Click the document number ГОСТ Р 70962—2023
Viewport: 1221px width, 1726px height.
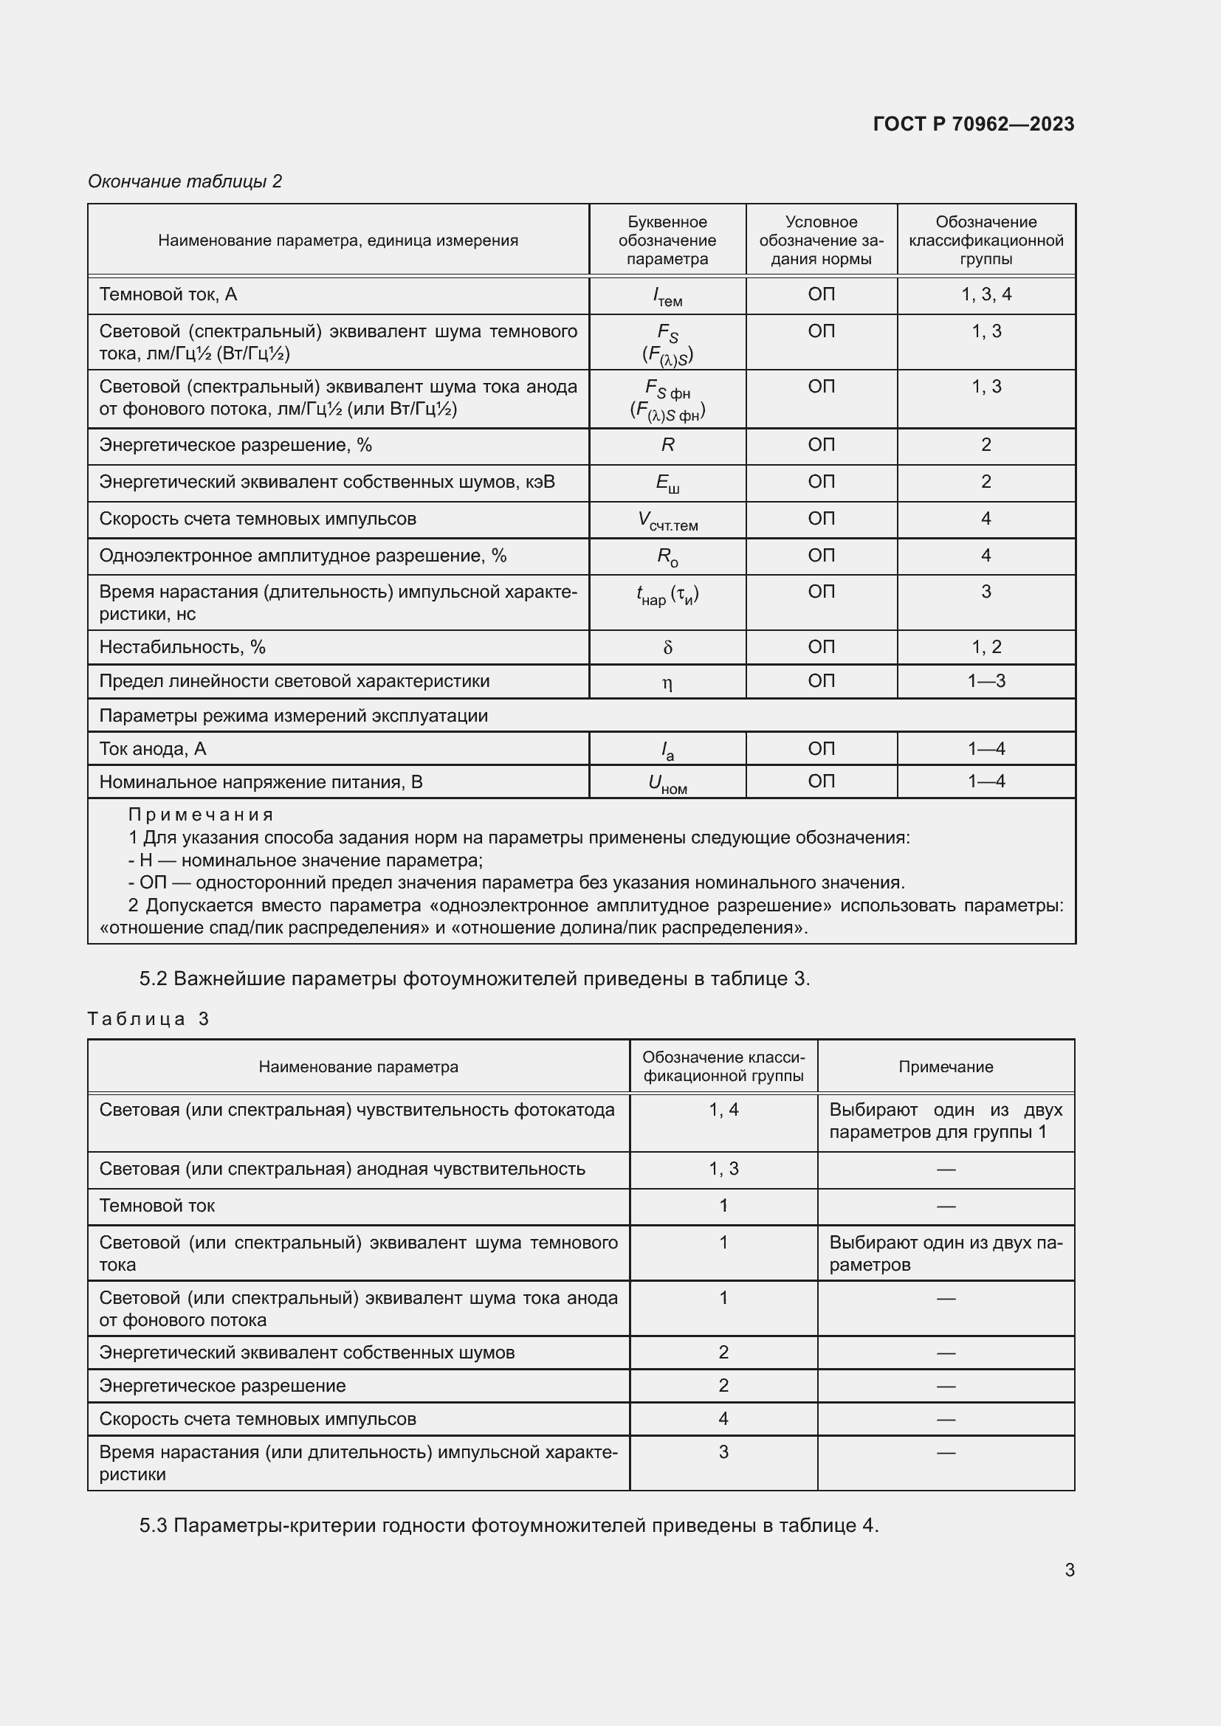click(973, 124)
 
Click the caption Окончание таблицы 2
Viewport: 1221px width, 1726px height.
click(185, 182)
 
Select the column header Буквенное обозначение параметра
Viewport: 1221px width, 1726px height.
click(667, 241)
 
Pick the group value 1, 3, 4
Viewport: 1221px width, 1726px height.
click(986, 294)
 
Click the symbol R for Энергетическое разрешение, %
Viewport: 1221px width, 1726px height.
click(667, 445)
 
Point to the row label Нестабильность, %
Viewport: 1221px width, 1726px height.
click(182, 647)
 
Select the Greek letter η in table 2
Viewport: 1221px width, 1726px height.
click(667, 683)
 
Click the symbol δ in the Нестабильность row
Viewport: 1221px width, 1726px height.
click(667, 648)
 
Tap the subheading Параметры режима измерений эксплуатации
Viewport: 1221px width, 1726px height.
click(293, 716)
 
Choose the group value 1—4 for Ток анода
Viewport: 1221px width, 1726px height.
click(986, 749)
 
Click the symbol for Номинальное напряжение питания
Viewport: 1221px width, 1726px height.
click(667, 784)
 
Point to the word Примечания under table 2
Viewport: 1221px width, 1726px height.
click(201, 815)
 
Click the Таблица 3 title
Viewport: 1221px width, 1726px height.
click(148, 1019)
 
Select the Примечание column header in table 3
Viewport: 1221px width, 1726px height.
click(945, 1067)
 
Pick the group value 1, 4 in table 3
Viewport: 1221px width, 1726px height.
click(723, 1110)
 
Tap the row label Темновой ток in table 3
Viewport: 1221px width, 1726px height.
click(157, 1206)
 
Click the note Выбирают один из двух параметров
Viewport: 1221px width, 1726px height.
click(945, 1253)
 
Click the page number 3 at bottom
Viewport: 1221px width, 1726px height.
click(1069, 1570)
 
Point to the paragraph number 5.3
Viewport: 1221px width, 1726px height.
click(154, 1525)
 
